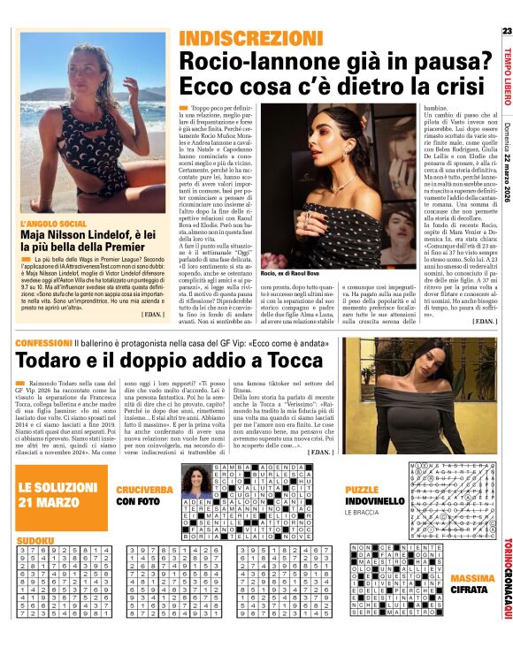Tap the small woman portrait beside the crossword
193,482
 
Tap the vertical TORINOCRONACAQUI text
506,580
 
